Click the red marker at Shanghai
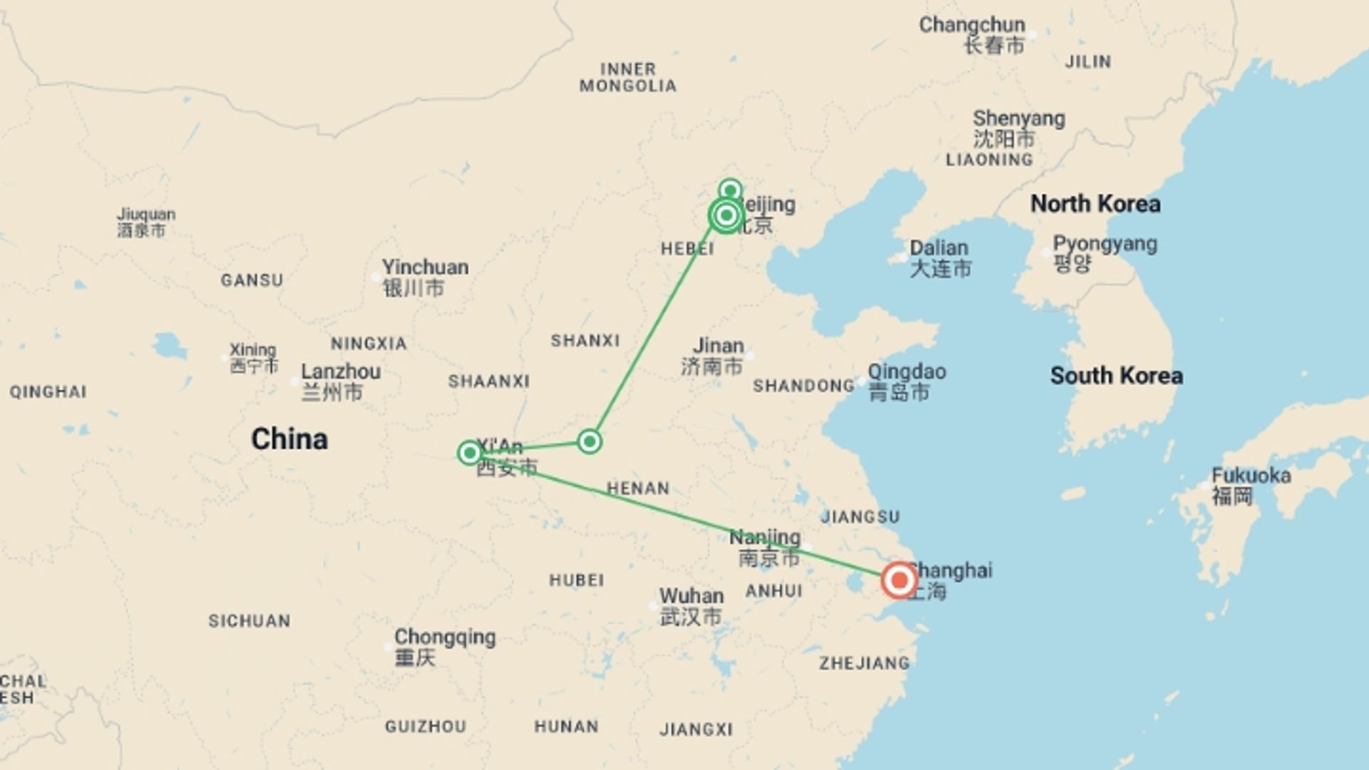pos(898,580)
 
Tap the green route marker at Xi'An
pos(469,453)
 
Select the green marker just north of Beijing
pos(729,190)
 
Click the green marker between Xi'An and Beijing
pos(589,442)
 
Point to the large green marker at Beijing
pos(726,215)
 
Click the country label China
pos(289,439)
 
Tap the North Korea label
pos(1095,204)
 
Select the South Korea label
pos(1116,376)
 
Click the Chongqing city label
pos(444,637)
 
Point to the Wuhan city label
pos(691,596)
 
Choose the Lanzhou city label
pos(340,372)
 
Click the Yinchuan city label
pos(425,267)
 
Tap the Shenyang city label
pos(1018,118)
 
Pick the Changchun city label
pos(971,25)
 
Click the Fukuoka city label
pos(1251,476)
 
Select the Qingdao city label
pos(906,372)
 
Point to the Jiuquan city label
pos(146,215)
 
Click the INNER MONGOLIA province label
pos(627,77)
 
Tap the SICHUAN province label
pos(249,621)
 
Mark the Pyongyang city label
pos(1104,245)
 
